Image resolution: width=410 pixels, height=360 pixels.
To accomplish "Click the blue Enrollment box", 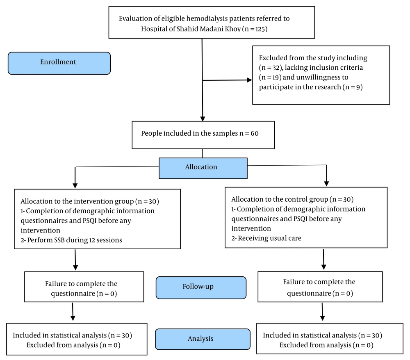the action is (x=59, y=63).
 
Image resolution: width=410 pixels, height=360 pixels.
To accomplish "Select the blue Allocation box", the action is (x=203, y=168).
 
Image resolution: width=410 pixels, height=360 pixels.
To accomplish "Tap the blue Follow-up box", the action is (x=201, y=287).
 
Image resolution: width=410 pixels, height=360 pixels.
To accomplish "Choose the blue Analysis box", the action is (x=203, y=339).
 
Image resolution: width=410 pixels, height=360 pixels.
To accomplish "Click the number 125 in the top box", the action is (x=260, y=29).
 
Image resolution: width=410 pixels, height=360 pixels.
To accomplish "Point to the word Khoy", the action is (x=233, y=29).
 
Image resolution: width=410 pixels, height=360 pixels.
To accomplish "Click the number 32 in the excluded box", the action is (x=276, y=68).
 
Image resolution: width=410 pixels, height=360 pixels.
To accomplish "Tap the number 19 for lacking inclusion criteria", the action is (x=275, y=77).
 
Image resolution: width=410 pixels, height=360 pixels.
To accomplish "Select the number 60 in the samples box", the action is (x=255, y=133).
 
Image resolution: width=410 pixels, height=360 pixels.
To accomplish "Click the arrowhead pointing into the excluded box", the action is (x=249, y=80).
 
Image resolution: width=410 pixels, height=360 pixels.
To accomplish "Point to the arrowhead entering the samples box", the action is (x=203, y=118).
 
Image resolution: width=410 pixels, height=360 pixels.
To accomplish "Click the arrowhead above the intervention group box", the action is (x=75, y=186).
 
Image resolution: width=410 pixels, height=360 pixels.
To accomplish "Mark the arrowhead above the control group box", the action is (x=326, y=184).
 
